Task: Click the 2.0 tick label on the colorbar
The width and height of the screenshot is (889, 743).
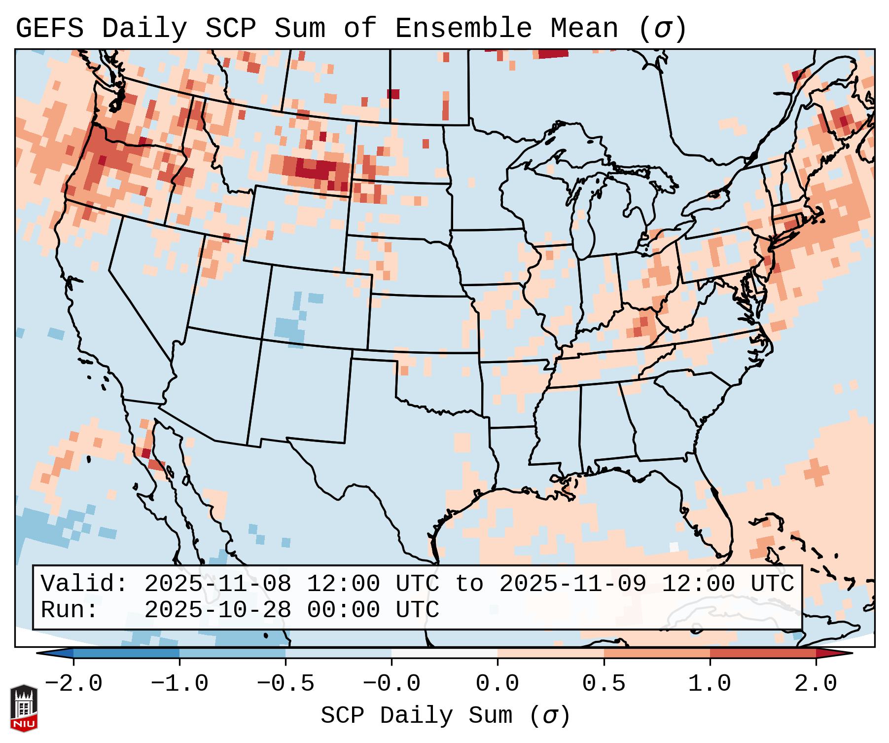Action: (x=816, y=684)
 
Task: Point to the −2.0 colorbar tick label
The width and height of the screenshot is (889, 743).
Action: (x=73, y=684)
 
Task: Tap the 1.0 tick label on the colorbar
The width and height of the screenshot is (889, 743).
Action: (x=710, y=684)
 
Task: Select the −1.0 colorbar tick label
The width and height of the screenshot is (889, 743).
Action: (x=179, y=684)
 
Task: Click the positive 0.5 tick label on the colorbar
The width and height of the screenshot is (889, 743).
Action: (x=604, y=684)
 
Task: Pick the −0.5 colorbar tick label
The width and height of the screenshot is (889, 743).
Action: (x=285, y=684)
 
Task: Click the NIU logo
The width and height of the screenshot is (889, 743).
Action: (x=24, y=708)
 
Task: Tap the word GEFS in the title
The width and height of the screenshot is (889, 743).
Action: (x=50, y=29)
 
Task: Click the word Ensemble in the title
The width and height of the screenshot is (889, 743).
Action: (x=463, y=29)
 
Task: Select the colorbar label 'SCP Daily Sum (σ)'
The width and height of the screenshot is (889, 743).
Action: (x=445, y=716)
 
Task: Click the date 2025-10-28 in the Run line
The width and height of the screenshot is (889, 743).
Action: (x=218, y=610)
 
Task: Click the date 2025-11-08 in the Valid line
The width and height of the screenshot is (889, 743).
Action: (x=218, y=584)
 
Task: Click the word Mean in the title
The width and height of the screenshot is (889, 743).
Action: (x=584, y=29)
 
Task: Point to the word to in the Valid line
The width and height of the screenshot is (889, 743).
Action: (x=469, y=584)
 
